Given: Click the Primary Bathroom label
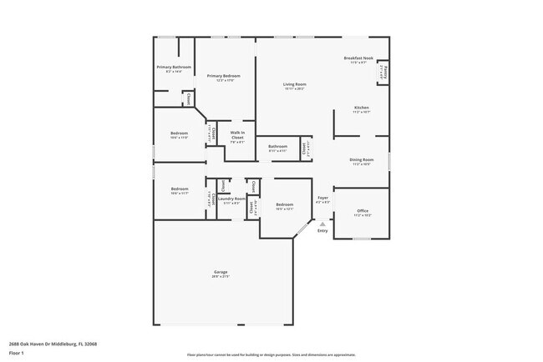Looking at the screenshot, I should [x=174, y=67].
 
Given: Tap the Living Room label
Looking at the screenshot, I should [x=293, y=84].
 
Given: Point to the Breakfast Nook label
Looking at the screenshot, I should [x=358, y=58].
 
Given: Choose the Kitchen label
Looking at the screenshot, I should [x=361, y=108].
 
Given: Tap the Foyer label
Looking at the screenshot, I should [x=322, y=198].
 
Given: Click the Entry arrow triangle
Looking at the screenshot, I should [x=322, y=223].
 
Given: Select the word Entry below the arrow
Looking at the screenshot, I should [x=322, y=231].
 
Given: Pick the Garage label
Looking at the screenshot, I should [x=221, y=272].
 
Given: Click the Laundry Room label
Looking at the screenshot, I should [x=232, y=199].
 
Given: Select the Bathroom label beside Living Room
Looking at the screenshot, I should [x=277, y=147].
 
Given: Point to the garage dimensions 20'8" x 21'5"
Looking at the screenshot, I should [x=221, y=277].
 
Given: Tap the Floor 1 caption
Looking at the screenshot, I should [x=17, y=353].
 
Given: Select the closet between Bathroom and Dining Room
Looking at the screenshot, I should [x=306, y=148].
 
